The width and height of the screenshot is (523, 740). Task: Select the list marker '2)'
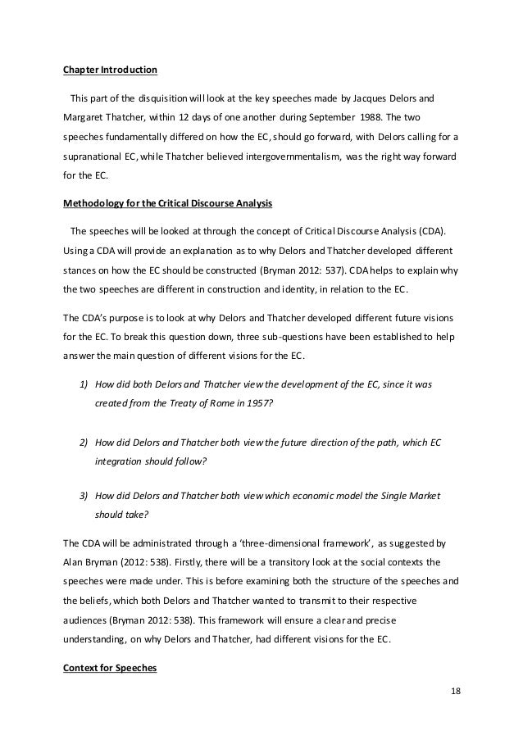coord(84,443)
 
